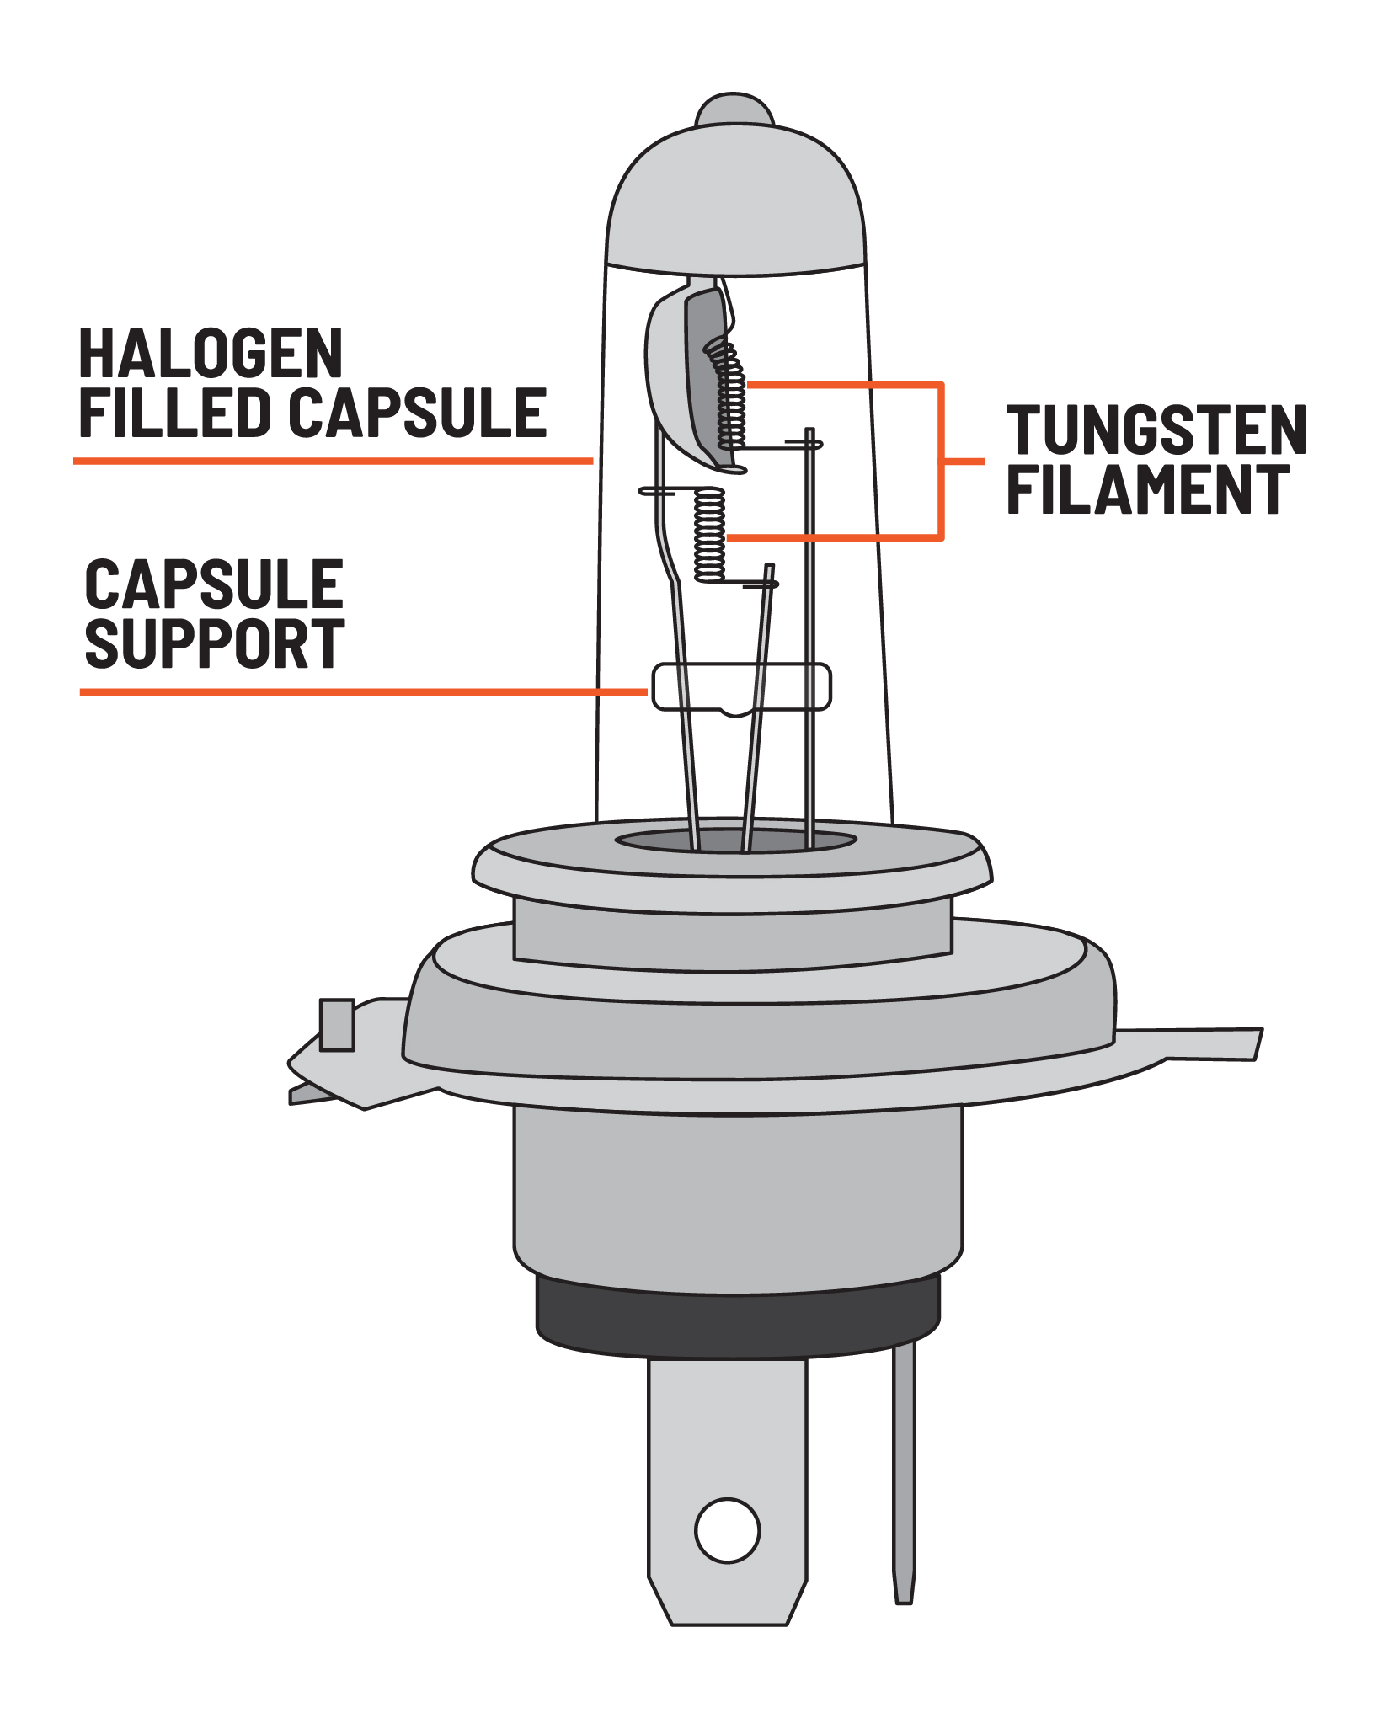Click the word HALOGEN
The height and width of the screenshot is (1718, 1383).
click(211, 354)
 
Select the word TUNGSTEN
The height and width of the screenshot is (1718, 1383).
click(1156, 430)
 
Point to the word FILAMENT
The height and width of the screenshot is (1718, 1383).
click(1148, 489)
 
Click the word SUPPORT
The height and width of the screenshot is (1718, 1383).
click(215, 643)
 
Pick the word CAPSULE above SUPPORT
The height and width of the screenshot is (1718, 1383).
click(215, 584)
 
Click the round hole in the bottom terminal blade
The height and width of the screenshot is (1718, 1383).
click(728, 1530)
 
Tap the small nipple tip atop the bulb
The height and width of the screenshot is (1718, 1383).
click(734, 109)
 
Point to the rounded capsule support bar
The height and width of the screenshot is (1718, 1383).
click(742, 686)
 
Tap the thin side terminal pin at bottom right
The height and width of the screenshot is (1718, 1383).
click(904, 1474)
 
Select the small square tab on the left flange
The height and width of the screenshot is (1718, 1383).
click(337, 1025)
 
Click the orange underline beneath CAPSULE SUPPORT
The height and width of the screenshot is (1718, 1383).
click(364, 692)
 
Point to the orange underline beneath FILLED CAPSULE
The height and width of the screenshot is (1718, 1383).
click(334, 461)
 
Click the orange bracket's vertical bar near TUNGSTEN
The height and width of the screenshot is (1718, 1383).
click(942, 462)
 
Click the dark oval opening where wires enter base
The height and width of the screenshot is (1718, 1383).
click(735, 840)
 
